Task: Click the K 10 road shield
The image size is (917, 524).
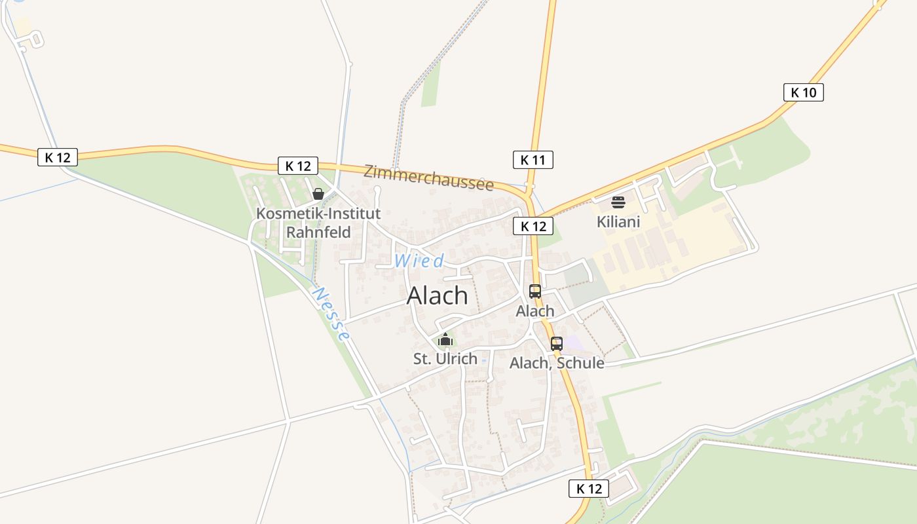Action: [803, 92]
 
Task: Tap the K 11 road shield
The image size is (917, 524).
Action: [533, 160]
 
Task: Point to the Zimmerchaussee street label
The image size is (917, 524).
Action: [428, 177]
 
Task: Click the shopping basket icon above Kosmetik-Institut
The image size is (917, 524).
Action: [318, 194]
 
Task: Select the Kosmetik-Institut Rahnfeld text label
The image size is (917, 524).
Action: [318, 223]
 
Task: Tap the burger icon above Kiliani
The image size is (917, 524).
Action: [618, 202]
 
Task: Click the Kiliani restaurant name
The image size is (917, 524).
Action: [618, 222]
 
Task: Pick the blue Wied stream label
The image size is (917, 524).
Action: [419, 261]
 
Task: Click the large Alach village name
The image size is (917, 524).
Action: [437, 296]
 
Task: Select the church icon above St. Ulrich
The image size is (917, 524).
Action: [445, 339]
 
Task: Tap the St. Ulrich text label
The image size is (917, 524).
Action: [445, 359]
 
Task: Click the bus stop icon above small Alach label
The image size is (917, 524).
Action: [535, 291]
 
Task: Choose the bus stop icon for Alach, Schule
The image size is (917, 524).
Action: [557, 343]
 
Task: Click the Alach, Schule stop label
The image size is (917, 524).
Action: [557, 363]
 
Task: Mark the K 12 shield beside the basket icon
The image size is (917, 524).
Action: [298, 166]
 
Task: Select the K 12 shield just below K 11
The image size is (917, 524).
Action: [533, 227]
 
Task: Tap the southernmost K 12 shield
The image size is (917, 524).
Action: [588, 489]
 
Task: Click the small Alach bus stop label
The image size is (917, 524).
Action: [535, 311]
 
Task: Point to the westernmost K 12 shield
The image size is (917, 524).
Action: [58, 157]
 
